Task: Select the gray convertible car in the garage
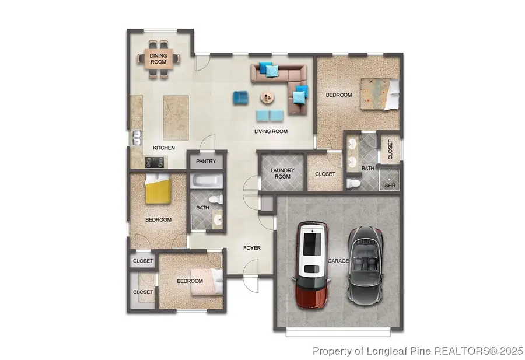pyautogui.click(x=366, y=265)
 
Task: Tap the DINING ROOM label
pyautogui.click(x=159, y=58)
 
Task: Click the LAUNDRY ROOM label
pyautogui.click(x=282, y=173)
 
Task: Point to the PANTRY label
pyautogui.click(x=206, y=162)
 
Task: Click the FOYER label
pyautogui.click(x=251, y=248)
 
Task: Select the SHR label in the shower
pyautogui.click(x=390, y=186)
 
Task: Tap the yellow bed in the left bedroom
pyautogui.click(x=157, y=189)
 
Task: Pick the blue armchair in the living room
pyautogui.click(x=240, y=97)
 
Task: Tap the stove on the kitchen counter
pyautogui.click(x=143, y=162)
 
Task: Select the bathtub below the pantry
pyautogui.click(x=206, y=181)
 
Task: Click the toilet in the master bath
pyautogui.click(x=353, y=184)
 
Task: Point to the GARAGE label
pyautogui.click(x=338, y=261)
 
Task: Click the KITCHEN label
pyautogui.click(x=163, y=148)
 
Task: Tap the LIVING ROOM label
pyautogui.click(x=271, y=131)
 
